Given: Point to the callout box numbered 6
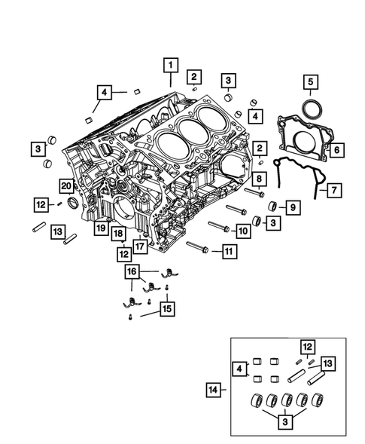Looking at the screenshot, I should tap(336, 150).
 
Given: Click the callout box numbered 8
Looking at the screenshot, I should tap(257, 179).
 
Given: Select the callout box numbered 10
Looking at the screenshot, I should tap(242, 230).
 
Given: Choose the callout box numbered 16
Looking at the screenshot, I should tap(132, 271).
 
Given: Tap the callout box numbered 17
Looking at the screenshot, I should tap(139, 244).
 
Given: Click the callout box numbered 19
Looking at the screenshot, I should tap(99, 226).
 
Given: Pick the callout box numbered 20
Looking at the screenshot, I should tap(67, 185).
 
